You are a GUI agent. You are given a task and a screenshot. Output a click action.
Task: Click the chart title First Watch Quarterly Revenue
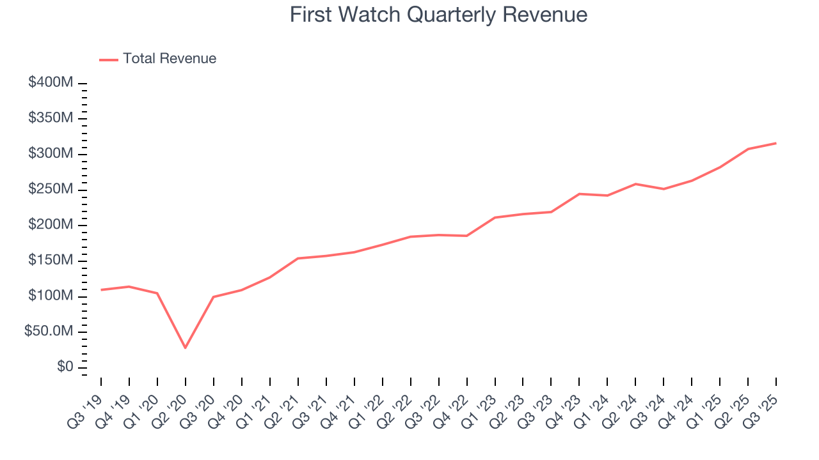(x=438, y=15)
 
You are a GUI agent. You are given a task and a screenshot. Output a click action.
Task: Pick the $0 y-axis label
(x=66, y=367)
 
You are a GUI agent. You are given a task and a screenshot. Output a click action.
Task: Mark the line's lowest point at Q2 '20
(x=186, y=348)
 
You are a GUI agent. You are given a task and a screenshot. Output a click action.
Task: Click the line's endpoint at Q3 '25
(x=776, y=143)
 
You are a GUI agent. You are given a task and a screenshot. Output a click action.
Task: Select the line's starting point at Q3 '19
(x=101, y=290)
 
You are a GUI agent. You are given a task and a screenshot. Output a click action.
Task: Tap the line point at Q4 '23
(x=579, y=194)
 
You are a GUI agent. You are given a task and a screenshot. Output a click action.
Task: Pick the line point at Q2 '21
(x=298, y=258)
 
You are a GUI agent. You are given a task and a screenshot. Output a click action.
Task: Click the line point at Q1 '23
(x=495, y=217)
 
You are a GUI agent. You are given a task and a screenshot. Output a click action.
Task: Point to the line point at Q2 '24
(x=635, y=184)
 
